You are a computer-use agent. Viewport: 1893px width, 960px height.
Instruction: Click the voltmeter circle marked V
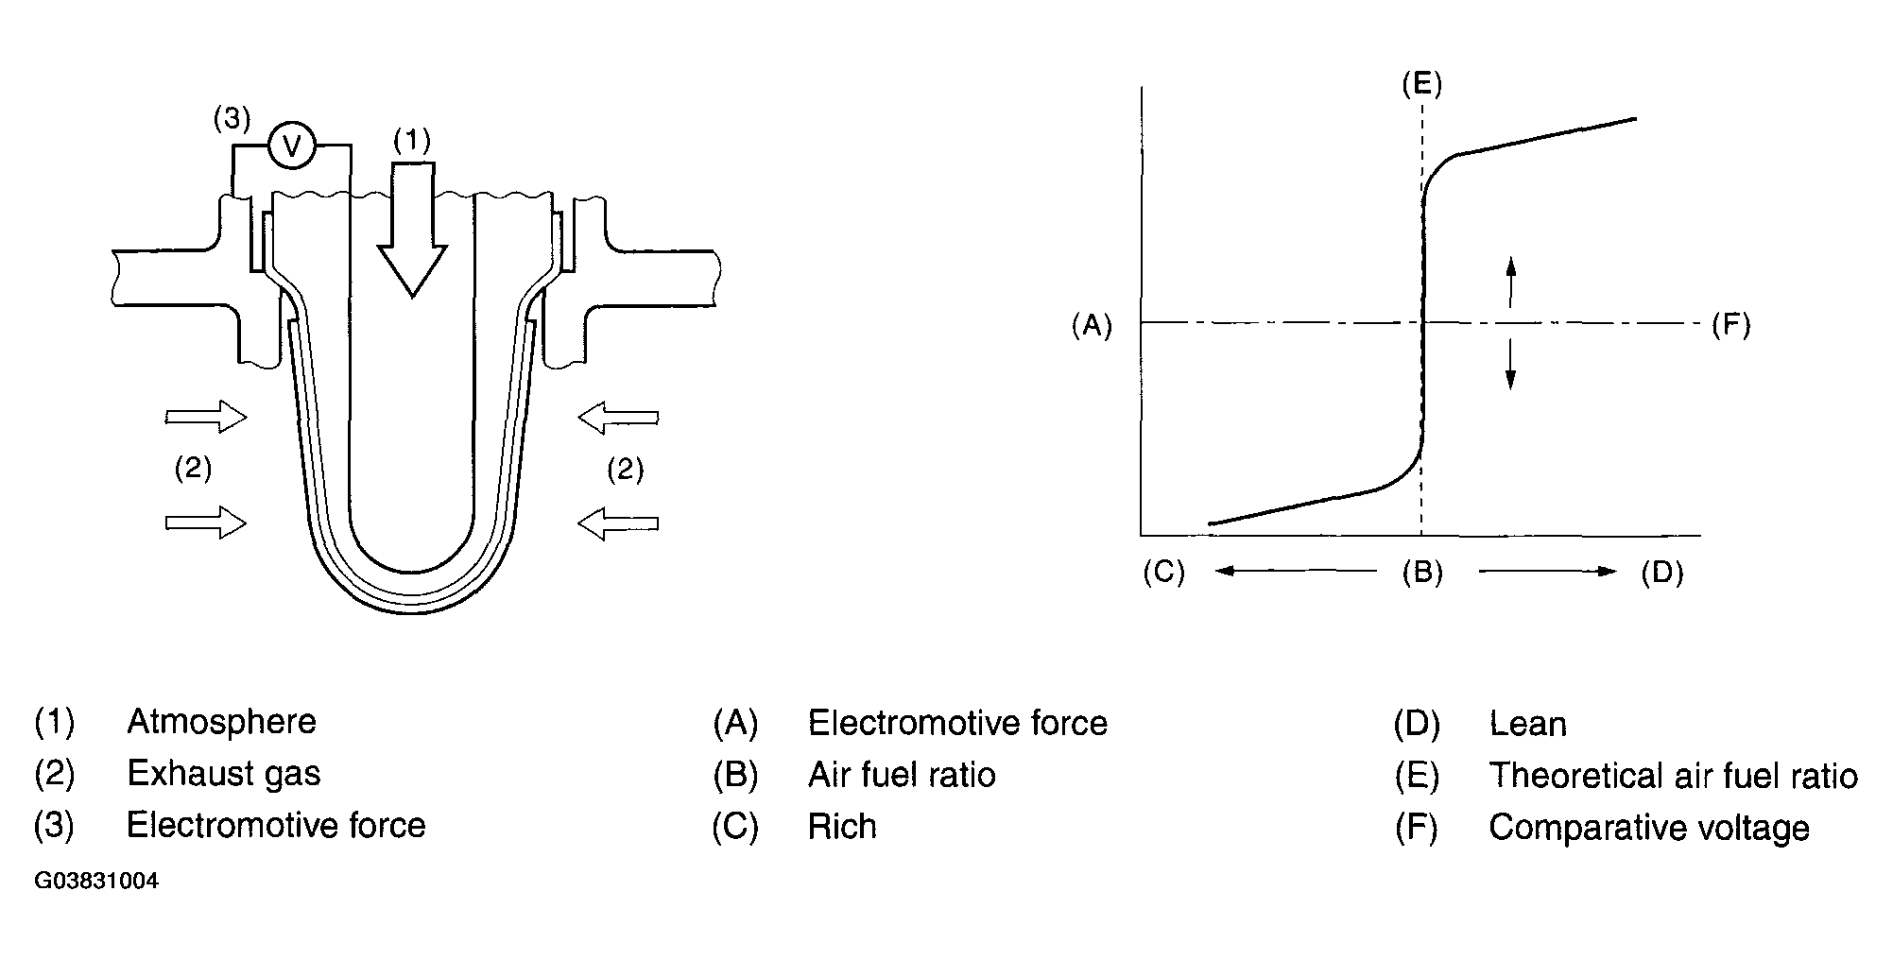click(292, 146)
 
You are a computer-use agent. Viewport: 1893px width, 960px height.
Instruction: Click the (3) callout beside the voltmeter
click(232, 119)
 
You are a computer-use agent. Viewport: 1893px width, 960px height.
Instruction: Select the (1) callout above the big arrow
click(412, 141)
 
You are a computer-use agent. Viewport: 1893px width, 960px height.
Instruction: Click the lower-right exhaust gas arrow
click(618, 523)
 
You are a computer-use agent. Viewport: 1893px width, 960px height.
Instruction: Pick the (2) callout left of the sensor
click(193, 469)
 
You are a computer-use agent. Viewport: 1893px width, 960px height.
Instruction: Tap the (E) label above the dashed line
click(1421, 85)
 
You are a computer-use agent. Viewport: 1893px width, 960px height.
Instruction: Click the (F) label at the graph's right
click(1731, 326)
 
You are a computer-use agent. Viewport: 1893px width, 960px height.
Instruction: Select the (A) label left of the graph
click(1092, 326)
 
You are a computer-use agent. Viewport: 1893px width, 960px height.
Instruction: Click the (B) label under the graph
click(1422, 573)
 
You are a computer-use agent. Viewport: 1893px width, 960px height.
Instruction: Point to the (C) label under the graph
click(1163, 573)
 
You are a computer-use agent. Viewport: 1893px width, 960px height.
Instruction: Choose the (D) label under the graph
click(1662, 573)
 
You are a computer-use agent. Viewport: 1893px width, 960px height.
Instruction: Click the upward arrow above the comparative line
click(1510, 281)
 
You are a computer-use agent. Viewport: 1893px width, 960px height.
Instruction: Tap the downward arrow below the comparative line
click(1510, 366)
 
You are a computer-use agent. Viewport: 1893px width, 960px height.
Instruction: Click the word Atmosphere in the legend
click(221, 722)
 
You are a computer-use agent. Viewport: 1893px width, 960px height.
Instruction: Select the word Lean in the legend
click(1527, 725)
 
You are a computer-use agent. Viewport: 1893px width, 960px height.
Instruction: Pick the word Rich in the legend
click(842, 827)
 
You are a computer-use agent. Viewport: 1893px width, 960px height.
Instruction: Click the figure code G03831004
click(96, 883)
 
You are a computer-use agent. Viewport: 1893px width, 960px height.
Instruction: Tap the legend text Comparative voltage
click(1649, 828)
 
